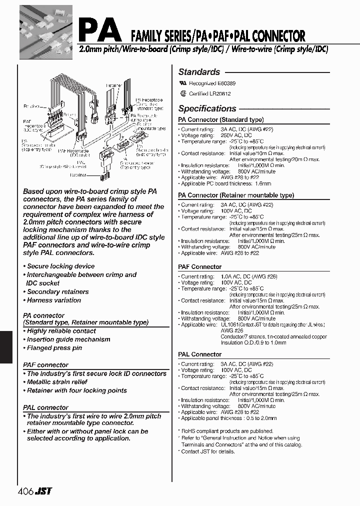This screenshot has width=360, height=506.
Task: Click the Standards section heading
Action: tap(199, 72)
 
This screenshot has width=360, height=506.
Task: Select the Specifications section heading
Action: tap(207, 108)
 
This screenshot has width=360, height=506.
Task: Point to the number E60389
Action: tap(226, 83)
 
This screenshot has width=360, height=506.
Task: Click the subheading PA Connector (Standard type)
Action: tap(220, 120)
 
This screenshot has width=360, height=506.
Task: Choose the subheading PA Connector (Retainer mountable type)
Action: tap(236, 195)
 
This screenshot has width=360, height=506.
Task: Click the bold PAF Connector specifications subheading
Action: tap(199, 267)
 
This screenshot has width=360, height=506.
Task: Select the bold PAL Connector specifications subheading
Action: tap(199, 354)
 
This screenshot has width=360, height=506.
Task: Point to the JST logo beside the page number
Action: tap(43, 491)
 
